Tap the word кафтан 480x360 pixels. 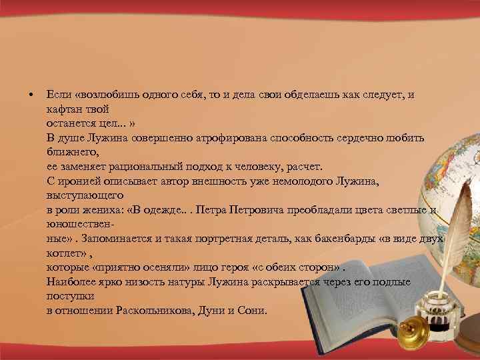coord(63,109)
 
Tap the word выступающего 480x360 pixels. coord(85,196)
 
